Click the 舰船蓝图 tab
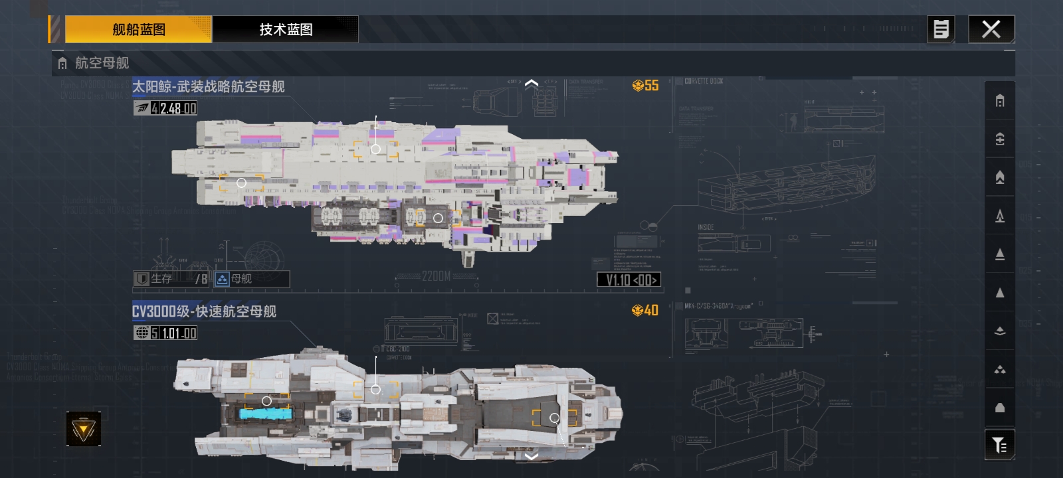(138, 29)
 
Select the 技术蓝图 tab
(286, 29)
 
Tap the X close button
(991, 29)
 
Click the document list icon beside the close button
(941, 29)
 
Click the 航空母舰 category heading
(102, 63)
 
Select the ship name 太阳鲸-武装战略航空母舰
(208, 86)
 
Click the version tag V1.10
(630, 280)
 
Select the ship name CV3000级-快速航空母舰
(204, 311)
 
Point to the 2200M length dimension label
(436, 276)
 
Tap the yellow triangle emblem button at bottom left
(84, 430)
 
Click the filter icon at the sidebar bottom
(999, 444)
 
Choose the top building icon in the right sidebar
(999, 101)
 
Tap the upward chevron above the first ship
(531, 84)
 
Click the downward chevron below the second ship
(531, 456)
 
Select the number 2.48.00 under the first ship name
(178, 108)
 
